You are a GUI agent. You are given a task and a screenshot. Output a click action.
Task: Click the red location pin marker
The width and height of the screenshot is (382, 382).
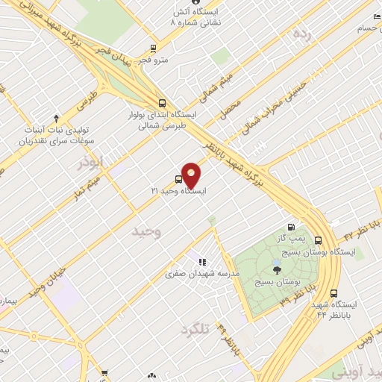pos(192,175)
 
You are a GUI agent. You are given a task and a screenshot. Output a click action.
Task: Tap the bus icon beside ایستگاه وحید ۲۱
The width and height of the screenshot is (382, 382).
pos(178,179)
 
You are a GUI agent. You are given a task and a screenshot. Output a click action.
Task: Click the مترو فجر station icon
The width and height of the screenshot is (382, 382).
pos(153,47)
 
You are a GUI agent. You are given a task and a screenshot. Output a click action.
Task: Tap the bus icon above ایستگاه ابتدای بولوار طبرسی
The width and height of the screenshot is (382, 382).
pos(162,104)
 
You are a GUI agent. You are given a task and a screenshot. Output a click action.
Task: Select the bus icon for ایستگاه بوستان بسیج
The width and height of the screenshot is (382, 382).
pos(319,241)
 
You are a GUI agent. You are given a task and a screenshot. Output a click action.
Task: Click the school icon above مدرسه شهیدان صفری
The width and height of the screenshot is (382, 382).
pos(201,262)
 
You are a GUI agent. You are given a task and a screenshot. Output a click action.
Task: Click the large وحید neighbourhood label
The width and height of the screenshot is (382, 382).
pos(146,232)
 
